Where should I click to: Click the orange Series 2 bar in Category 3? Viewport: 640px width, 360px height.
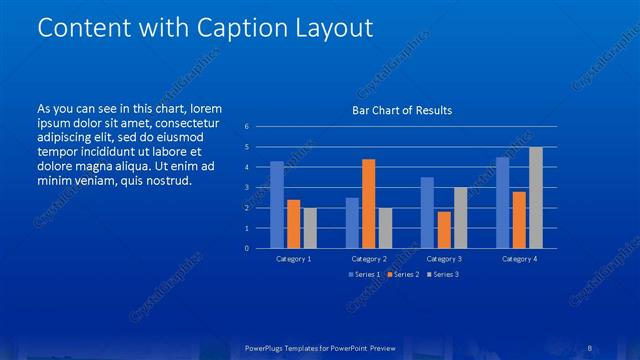point(444,229)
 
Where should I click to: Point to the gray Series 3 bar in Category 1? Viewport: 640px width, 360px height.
point(310,228)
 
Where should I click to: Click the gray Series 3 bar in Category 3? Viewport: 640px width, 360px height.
point(460,217)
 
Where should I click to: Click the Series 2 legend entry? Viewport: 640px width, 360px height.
point(402,274)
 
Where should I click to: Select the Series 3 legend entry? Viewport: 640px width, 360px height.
point(442,274)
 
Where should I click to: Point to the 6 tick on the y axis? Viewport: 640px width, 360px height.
point(247,127)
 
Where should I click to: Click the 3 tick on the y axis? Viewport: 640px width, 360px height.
point(247,187)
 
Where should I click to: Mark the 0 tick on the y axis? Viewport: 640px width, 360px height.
point(247,248)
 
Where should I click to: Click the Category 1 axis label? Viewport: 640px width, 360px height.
point(293,259)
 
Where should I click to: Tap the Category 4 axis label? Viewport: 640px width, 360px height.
point(518,259)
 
